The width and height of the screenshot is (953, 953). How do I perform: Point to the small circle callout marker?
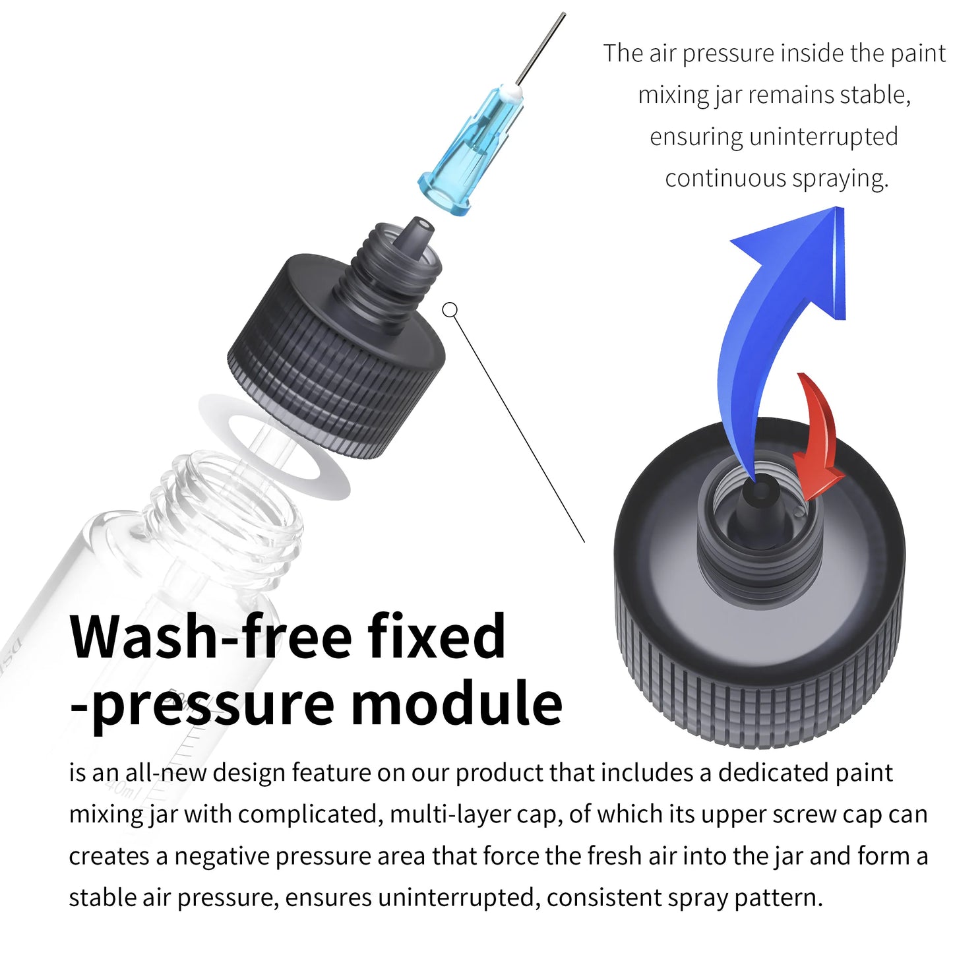[450, 309]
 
